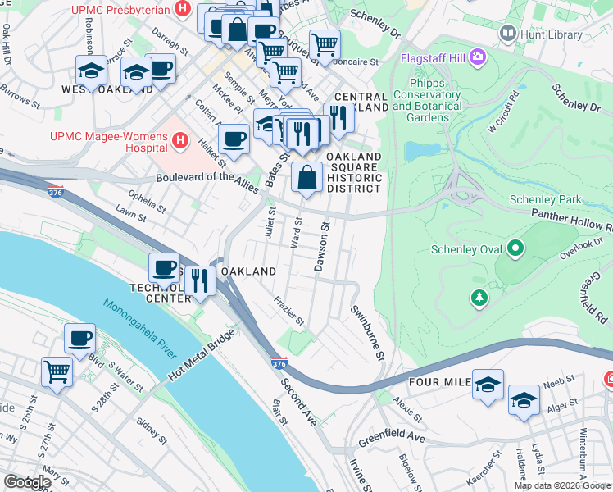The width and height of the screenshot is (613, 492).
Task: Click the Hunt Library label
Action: (x=545, y=34)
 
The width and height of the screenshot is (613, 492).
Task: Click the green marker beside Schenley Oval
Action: (x=515, y=247)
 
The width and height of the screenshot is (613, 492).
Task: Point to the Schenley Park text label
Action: (x=545, y=199)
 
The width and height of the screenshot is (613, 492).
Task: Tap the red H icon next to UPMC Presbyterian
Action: (x=183, y=10)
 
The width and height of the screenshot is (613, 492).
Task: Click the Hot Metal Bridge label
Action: (x=202, y=358)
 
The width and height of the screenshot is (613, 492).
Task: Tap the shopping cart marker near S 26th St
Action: (x=57, y=371)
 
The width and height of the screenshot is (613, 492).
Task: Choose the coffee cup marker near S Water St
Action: (x=80, y=338)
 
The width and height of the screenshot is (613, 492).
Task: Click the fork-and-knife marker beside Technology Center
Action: (x=200, y=280)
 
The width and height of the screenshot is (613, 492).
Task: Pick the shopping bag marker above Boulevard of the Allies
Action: (x=306, y=177)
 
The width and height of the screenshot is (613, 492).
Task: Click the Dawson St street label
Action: (x=322, y=245)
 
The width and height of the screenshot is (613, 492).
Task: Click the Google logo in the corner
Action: (x=27, y=482)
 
